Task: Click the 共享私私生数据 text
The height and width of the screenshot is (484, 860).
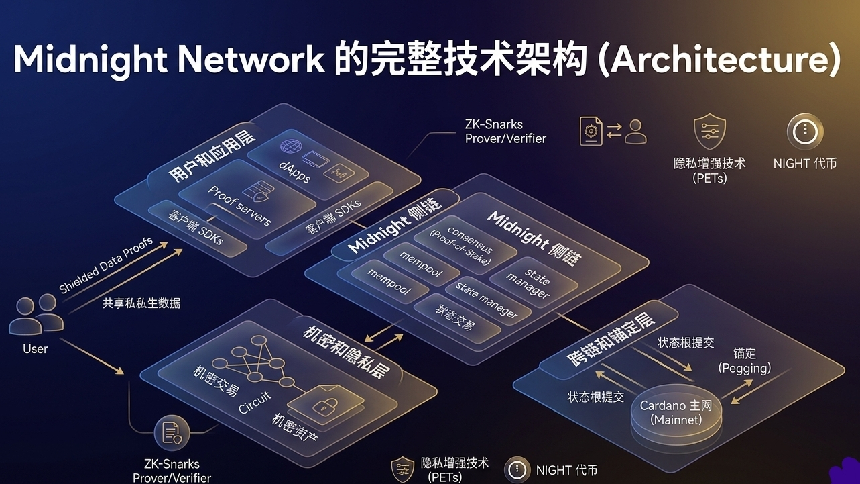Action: click(x=141, y=303)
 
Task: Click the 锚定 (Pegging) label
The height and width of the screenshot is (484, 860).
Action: click(x=745, y=360)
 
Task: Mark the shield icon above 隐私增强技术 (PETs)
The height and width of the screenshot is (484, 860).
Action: click(x=709, y=131)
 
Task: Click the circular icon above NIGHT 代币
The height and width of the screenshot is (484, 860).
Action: click(x=804, y=131)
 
